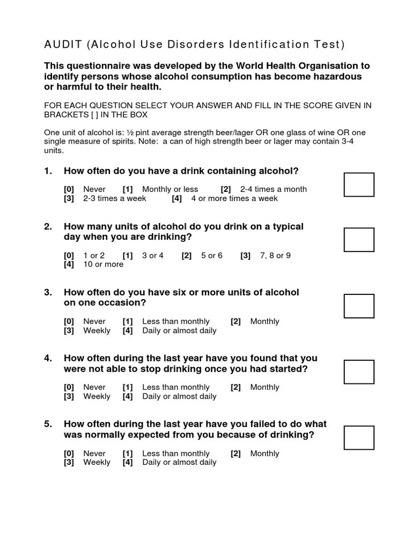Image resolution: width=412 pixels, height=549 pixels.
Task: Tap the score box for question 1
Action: [359, 184]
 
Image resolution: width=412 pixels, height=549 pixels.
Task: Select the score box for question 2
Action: [359, 240]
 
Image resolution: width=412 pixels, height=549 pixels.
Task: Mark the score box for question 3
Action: [359, 306]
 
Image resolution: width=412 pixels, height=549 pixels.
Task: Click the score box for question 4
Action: [359, 372]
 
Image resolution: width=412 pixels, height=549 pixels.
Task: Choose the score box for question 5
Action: [359, 437]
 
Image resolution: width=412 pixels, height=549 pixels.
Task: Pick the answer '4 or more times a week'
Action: [234, 198]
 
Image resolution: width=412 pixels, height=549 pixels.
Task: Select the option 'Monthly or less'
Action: [170, 189]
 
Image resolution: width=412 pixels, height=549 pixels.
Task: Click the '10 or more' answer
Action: [103, 264]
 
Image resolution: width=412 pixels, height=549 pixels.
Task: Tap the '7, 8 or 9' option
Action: [275, 256]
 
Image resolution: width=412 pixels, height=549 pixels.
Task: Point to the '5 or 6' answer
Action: [211, 256]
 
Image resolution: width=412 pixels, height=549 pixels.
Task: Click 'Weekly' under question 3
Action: [97, 331]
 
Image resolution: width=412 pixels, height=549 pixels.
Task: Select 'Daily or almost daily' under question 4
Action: [179, 397]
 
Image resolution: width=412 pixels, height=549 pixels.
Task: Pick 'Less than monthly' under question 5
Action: [175, 454]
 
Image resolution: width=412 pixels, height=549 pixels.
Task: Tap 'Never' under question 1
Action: [94, 189]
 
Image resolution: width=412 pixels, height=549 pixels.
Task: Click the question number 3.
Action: [48, 292]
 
